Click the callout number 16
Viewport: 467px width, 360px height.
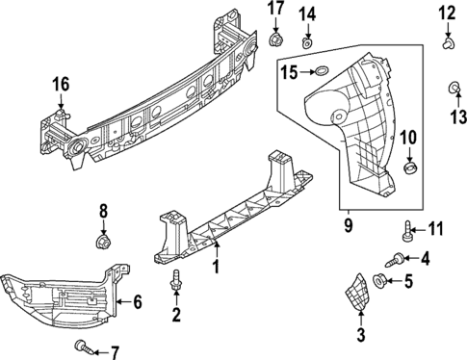(x=61, y=86)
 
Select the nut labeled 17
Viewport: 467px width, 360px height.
(x=276, y=41)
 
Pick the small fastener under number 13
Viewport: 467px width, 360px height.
(x=452, y=90)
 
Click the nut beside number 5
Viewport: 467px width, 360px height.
(x=379, y=282)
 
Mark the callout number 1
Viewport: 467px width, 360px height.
(x=217, y=266)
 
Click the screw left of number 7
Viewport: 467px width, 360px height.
(x=79, y=345)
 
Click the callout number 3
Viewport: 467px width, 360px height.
(x=361, y=335)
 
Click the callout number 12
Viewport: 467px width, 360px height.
(x=447, y=13)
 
